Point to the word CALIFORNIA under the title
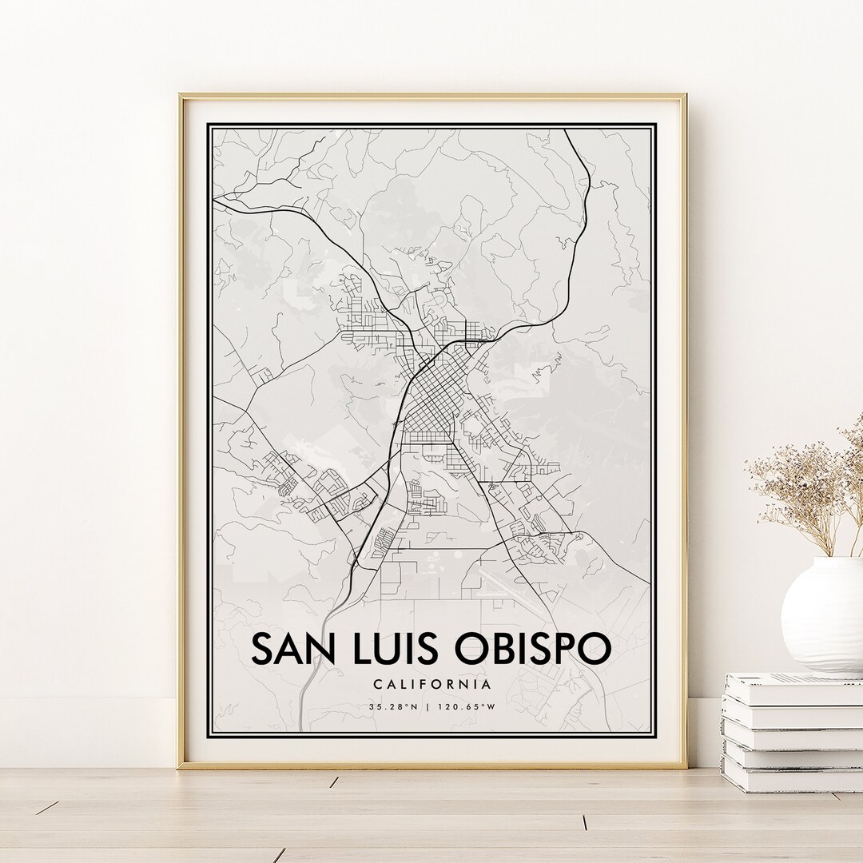431,684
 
